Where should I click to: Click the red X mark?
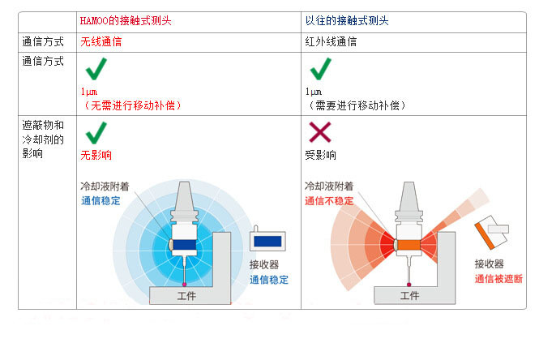point(319,133)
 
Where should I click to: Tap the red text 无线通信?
point(101,41)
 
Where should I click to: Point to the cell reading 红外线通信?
point(331,41)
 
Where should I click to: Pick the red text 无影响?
point(96,155)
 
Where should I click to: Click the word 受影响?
point(320,155)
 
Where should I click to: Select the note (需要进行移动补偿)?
point(356,105)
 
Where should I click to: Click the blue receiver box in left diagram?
point(267,241)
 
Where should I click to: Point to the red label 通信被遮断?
point(498,278)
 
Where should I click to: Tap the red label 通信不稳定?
point(328,200)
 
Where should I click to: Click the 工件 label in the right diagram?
point(410,296)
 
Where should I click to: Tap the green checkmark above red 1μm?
point(96,70)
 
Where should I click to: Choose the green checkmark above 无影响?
point(96,132)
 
